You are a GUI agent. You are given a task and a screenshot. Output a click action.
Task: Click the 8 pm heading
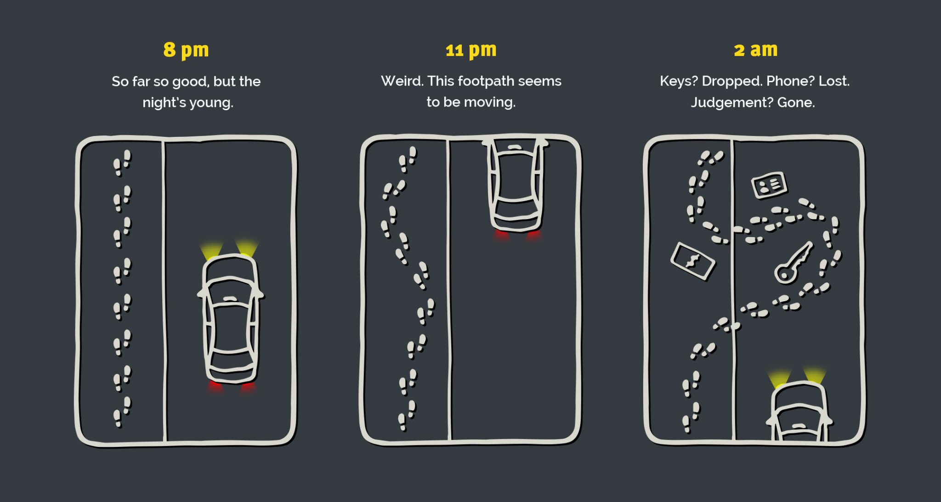tap(186, 50)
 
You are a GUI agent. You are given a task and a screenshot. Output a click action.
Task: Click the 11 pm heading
tap(471, 50)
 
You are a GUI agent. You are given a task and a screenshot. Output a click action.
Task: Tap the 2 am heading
tap(755, 50)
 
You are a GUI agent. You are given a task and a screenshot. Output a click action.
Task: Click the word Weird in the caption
tap(402, 81)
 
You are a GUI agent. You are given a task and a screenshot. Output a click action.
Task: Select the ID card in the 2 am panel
tap(769, 185)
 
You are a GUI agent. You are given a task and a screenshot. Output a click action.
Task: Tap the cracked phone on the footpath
tap(692, 261)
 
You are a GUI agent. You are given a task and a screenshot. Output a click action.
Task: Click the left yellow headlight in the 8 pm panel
tap(212, 250)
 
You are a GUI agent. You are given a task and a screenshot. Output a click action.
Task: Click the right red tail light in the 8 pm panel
tap(248, 386)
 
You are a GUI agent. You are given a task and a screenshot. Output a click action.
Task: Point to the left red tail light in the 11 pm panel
tap(501, 235)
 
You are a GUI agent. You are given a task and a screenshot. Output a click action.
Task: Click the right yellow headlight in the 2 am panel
tap(814, 375)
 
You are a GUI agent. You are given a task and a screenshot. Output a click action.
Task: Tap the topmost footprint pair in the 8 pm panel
tap(122, 163)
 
